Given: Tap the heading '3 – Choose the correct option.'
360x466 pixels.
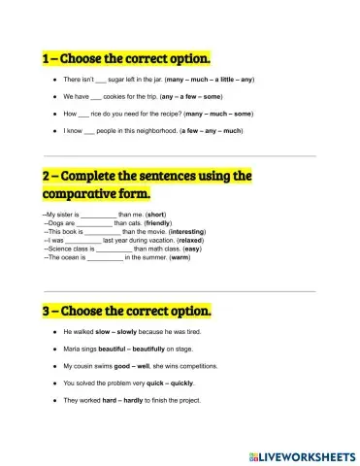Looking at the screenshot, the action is pos(126,312).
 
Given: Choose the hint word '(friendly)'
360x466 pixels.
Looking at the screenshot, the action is pos(161,222).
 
